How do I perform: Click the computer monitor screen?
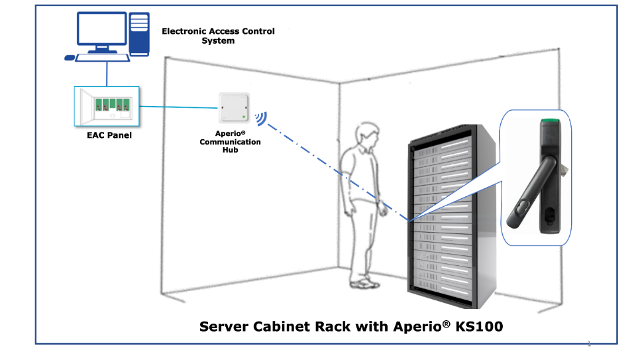click(101, 29)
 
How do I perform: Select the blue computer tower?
click(139, 34)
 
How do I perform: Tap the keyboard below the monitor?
click(103, 58)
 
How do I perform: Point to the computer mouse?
click(70, 58)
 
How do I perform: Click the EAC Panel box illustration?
click(107, 106)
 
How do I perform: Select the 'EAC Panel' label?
click(109, 135)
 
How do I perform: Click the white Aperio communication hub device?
click(234, 107)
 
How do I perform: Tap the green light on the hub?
click(244, 117)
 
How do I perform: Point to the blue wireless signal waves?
click(261, 119)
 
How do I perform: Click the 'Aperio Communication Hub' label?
click(230, 142)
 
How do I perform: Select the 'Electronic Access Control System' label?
click(219, 36)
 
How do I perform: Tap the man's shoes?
click(364, 283)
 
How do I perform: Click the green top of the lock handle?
click(550, 121)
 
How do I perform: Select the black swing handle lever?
click(532, 192)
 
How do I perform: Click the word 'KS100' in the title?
click(479, 326)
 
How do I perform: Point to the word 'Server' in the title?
click(224, 326)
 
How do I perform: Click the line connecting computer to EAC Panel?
click(107, 74)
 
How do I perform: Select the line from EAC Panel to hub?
click(179, 107)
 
